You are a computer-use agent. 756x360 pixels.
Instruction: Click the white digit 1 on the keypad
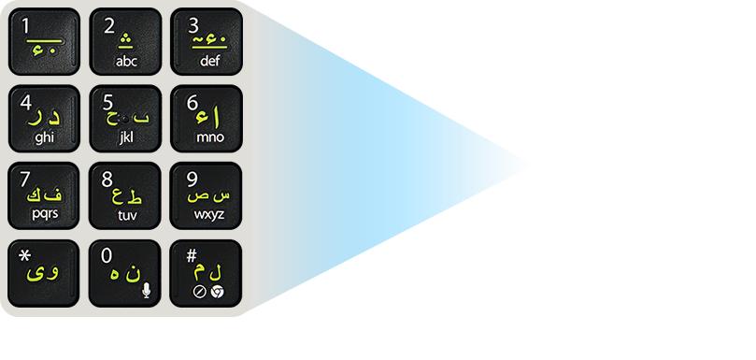25,25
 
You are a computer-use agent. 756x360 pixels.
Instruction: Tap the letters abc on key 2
126,62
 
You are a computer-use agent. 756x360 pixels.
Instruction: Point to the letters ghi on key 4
44,137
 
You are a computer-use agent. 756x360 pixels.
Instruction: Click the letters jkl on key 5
126,137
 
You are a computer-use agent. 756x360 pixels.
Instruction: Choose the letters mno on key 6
209,137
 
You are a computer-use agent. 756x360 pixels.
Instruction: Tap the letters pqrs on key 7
44,213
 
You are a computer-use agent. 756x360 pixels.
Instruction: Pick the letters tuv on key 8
126,213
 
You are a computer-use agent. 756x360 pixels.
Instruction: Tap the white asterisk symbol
24,254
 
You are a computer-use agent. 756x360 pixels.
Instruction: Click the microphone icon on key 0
146,290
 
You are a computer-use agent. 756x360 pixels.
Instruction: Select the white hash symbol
192,254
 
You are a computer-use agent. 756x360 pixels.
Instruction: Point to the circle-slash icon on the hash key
199,292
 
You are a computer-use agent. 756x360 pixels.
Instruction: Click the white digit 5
108,102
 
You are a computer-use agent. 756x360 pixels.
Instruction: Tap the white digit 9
192,179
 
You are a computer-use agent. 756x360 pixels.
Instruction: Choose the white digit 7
25,179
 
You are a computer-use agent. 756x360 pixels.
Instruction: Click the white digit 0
107,254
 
